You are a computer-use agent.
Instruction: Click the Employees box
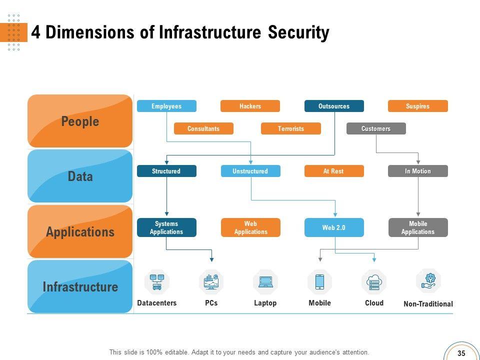[166, 106]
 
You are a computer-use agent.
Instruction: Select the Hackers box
[250, 106]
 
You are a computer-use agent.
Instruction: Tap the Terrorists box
[290, 128]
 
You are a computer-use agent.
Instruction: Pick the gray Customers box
[376, 128]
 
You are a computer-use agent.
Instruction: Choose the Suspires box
[417, 106]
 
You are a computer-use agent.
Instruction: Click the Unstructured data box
[250, 171]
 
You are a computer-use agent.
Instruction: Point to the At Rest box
[333, 171]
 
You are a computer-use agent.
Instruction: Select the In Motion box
[417, 171]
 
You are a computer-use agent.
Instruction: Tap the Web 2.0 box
[333, 227]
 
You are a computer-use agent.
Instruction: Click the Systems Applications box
[166, 227]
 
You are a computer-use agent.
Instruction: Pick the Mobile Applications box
[417, 227]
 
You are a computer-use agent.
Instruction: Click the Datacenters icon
[157, 282]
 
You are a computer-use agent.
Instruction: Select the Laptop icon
[265, 282]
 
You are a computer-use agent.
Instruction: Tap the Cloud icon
[374, 282]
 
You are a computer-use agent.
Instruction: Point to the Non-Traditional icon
[428, 281]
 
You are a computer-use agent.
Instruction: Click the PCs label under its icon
[211, 303]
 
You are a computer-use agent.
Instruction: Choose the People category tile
[80, 121]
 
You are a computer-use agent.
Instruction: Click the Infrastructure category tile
[80, 287]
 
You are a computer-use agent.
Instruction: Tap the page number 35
[461, 352]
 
